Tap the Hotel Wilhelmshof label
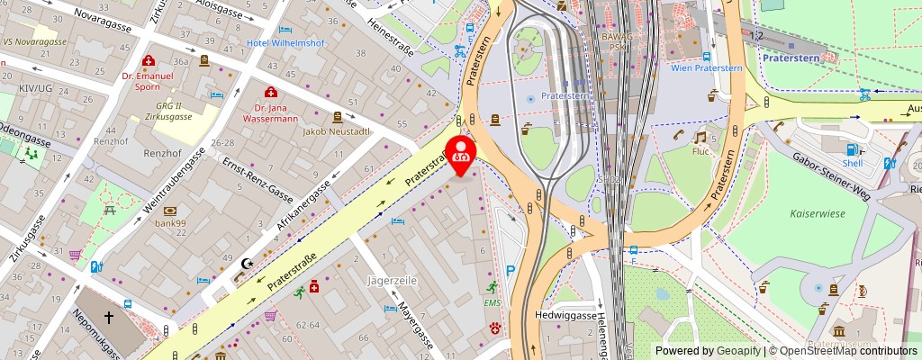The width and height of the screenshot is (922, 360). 287,42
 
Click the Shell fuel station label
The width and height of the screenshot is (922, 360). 853,163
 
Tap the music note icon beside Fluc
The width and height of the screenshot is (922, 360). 700,138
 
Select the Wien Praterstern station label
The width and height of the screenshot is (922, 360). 706,67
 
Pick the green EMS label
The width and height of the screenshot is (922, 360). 492,303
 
